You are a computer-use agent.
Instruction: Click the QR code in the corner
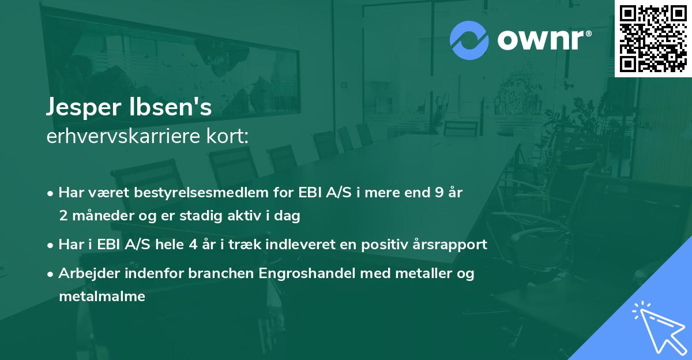coord(653,38)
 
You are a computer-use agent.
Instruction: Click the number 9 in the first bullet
coord(440,193)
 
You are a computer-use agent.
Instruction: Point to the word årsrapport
coord(452,245)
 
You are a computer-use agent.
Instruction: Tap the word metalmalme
coord(101,297)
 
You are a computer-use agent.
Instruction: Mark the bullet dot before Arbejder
coord(51,274)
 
